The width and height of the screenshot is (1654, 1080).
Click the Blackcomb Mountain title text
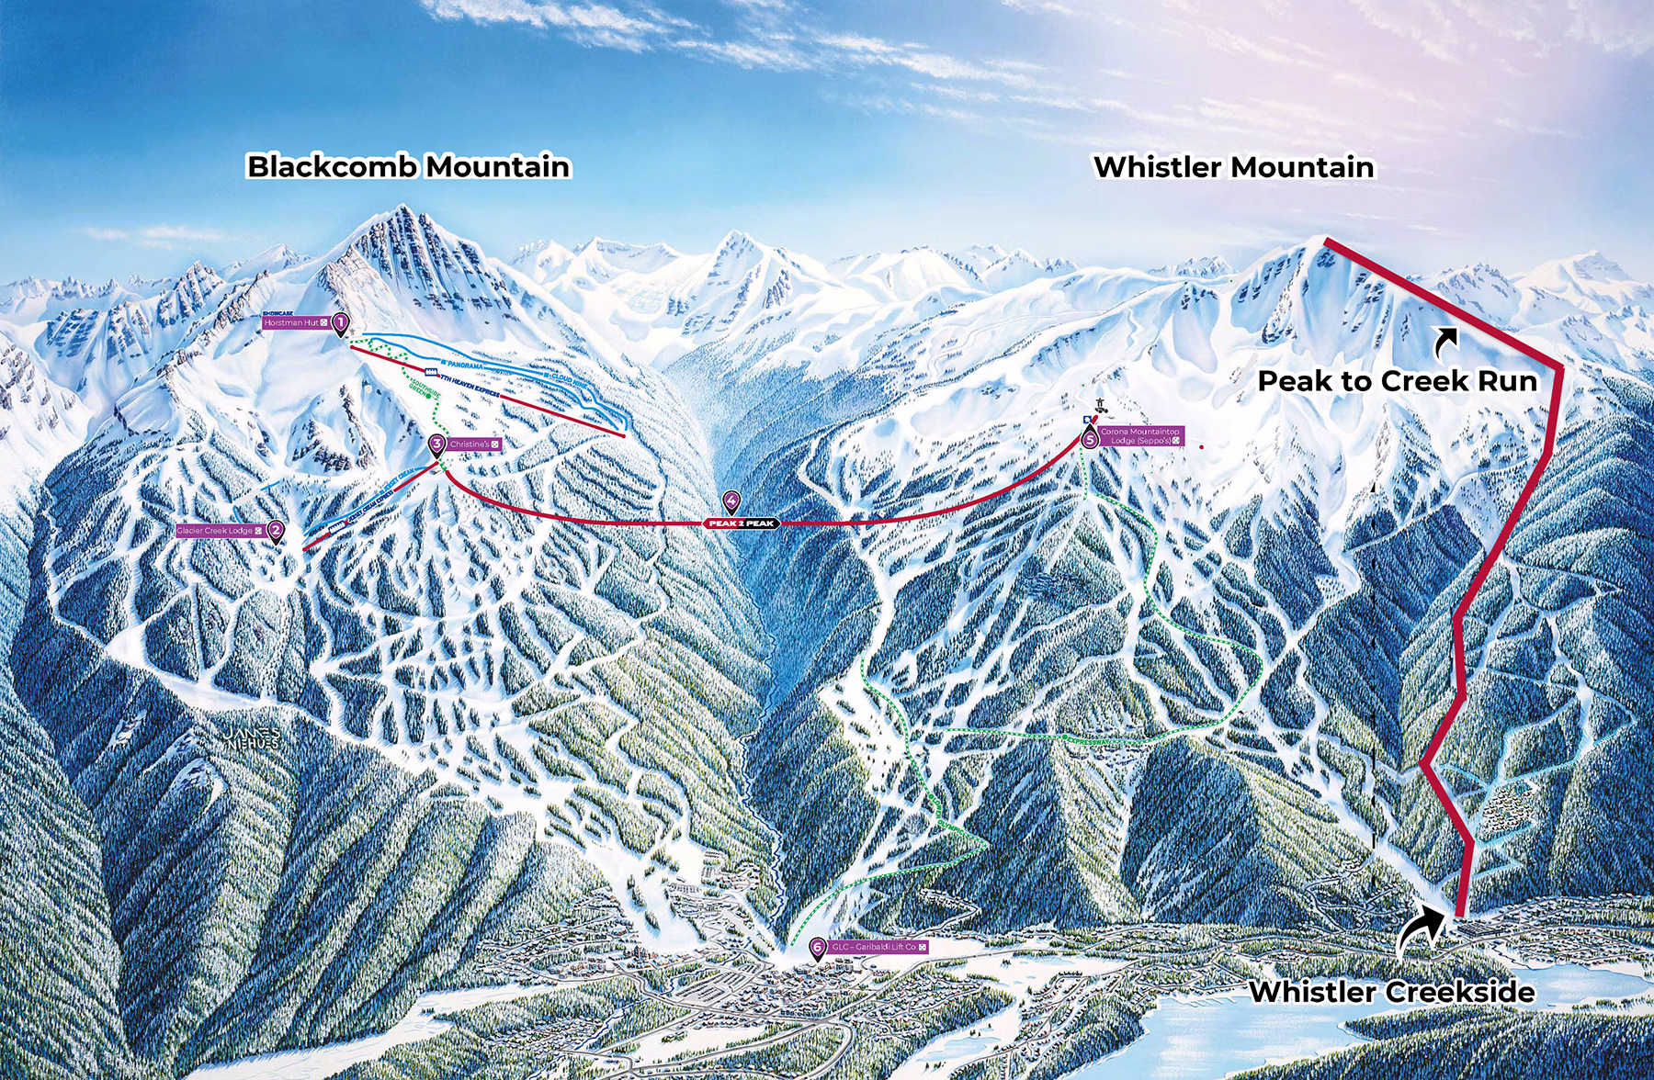pyautogui.click(x=408, y=166)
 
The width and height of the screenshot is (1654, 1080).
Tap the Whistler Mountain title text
pyautogui.click(x=1233, y=167)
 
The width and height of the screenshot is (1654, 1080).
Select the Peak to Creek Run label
pyautogui.click(x=1397, y=381)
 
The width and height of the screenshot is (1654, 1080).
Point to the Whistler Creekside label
pyautogui.click(x=1391, y=992)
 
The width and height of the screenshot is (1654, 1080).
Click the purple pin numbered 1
pyautogui.click(x=341, y=322)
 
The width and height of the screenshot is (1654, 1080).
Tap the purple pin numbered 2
pyautogui.click(x=276, y=531)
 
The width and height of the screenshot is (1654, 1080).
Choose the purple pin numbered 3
pyautogui.click(x=437, y=444)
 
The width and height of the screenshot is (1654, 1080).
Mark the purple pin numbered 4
pyautogui.click(x=731, y=501)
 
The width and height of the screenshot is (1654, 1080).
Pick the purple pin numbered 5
pyautogui.click(x=1091, y=439)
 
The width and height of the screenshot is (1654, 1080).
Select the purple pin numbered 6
pyautogui.click(x=817, y=948)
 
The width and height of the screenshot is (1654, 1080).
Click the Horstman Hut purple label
pyautogui.click(x=295, y=323)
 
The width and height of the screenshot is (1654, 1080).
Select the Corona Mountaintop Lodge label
pyautogui.click(x=1140, y=436)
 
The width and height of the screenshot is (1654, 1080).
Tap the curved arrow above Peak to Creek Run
pyautogui.click(x=1446, y=342)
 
